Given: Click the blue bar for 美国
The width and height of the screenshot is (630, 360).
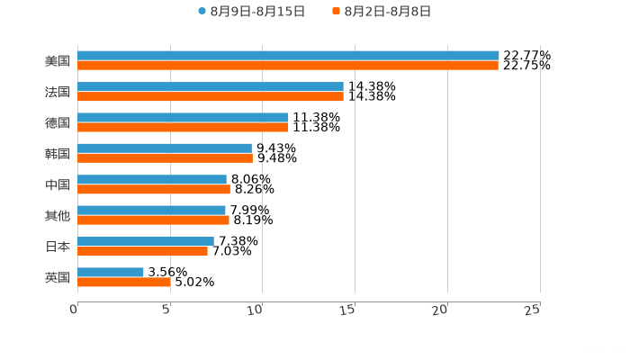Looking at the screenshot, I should tap(288, 56).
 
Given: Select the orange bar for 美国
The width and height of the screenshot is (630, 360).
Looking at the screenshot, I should tap(288, 66).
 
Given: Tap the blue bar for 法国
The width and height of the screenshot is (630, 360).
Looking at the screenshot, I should tap(211, 86).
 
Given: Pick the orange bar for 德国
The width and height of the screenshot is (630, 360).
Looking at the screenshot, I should tap(183, 127).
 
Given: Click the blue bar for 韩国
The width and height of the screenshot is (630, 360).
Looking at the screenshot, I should tap(165, 148).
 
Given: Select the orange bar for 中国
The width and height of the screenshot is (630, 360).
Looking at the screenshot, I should tap(154, 189).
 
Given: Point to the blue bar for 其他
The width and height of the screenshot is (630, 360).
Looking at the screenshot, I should tap(151, 210).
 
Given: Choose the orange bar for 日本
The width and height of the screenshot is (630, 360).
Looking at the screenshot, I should tap(142, 251).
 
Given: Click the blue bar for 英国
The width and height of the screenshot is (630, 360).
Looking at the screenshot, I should tap(111, 272).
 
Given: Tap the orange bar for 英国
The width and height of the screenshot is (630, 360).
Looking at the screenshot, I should tap(124, 282).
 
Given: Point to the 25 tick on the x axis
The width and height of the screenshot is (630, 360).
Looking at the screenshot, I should tap(533, 309).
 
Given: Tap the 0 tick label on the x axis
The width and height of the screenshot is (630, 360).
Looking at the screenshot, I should tap(75, 309).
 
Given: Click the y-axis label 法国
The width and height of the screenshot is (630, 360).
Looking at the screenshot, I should tap(57, 92).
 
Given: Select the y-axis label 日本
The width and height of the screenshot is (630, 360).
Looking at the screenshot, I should tap(57, 246).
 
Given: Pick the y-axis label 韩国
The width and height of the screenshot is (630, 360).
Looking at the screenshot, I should tap(57, 153).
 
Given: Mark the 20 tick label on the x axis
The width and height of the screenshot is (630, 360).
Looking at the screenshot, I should tap(440, 309).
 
